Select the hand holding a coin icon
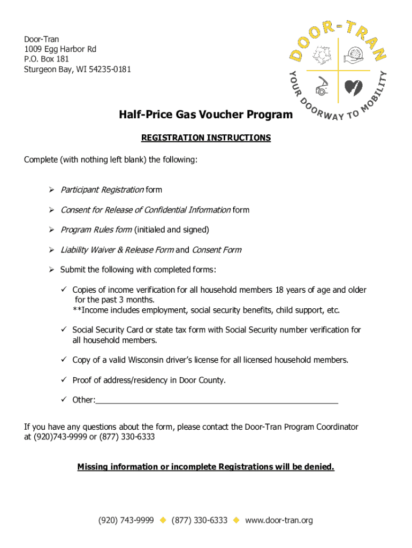pos(355,55)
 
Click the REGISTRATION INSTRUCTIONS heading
pos(206,138)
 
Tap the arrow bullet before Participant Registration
pos(51,190)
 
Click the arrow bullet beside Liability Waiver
pos(51,250)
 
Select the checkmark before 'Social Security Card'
pos(63,330)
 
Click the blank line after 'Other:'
pos(217,400)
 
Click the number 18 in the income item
pos(279,290)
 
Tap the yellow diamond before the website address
pos(236,520)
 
